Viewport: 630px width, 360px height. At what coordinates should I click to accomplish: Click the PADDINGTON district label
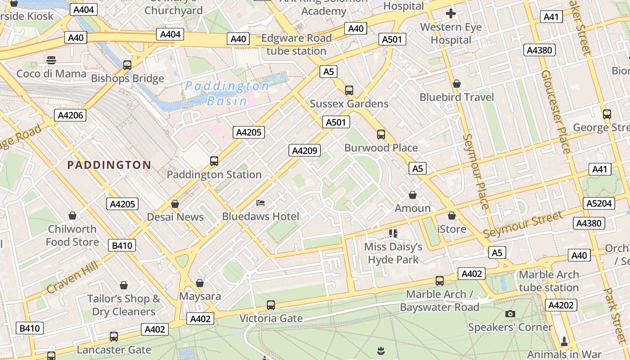pos(109,165)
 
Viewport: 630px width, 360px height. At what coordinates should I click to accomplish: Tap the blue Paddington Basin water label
pos(227,93)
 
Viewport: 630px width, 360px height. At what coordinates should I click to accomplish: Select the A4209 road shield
pos(305,150)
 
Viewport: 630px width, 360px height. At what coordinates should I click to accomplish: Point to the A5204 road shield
pos(599,203)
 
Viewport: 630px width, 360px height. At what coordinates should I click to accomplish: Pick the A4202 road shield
pos(561,306)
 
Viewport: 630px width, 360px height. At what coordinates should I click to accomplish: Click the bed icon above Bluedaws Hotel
pos(261,203)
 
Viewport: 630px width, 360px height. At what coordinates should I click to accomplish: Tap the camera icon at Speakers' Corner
pos(510,314)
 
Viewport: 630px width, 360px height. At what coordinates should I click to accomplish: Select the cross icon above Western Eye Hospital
pos(451,13)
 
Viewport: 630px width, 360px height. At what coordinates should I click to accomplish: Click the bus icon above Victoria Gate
pos(271,305)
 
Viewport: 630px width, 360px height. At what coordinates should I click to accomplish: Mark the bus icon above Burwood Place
pos(381,134)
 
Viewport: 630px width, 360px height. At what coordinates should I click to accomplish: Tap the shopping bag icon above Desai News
pos(175,204)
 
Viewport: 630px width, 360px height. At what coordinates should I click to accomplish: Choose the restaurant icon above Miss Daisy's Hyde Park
pos(393,233)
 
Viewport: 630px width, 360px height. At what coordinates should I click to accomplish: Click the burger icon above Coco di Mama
pos(51,60)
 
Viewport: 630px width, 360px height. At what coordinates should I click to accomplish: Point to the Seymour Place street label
pos(476,171)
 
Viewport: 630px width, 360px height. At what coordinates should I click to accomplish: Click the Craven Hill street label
pos(72,278)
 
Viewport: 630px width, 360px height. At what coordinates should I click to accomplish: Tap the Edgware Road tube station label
pos(296,45)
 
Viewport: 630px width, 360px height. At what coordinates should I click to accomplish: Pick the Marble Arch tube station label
pos(549,281)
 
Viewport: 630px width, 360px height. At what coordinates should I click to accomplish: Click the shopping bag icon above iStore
pos(452,216)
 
